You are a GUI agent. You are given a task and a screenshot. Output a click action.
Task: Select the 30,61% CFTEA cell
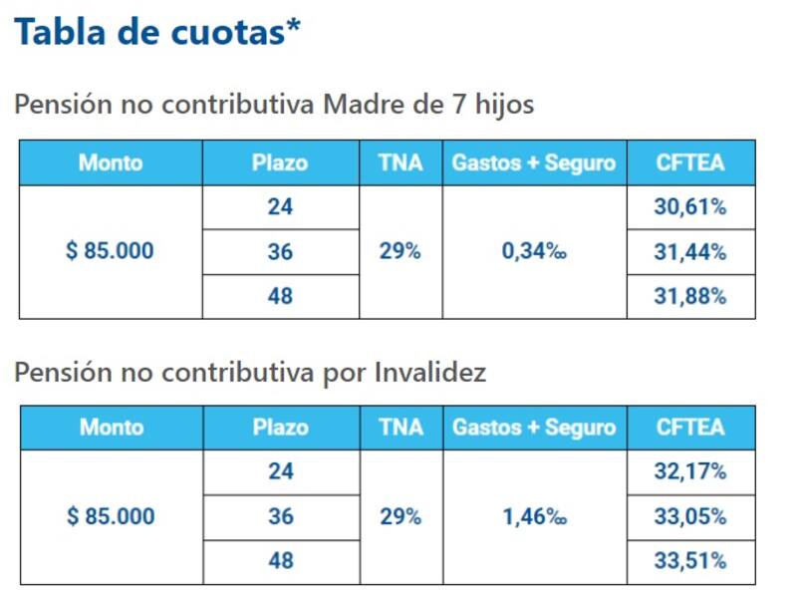click(690, 207)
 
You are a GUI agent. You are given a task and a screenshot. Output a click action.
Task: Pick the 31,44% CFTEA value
click(690, 252)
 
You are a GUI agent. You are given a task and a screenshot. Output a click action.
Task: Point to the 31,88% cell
click(690, 296)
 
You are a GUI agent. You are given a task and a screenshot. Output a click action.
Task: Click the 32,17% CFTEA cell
click(690, 471)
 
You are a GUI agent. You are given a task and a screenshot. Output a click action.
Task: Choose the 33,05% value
click(690, 516)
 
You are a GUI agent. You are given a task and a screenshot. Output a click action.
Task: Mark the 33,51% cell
click(690, 561)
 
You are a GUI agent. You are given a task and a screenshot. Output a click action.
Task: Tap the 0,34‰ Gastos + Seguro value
click(534, 252)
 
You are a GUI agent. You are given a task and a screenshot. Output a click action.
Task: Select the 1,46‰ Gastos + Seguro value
click(534, 517)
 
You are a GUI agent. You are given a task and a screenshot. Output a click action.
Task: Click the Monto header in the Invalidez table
click(112, 428)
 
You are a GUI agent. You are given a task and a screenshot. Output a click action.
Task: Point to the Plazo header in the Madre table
click(280, 162)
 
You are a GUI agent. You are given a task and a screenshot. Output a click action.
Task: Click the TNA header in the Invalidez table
click(400, 428)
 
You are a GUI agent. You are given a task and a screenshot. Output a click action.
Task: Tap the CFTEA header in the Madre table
click(690, 162)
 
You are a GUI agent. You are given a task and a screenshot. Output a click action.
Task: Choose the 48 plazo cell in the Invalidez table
click(281, 561)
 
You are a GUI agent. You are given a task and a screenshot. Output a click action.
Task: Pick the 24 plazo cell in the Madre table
click(280, 207)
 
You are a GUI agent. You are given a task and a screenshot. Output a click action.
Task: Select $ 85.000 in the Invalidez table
click(111, 517)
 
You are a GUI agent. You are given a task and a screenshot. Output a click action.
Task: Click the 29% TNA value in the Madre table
click(400, 252)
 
